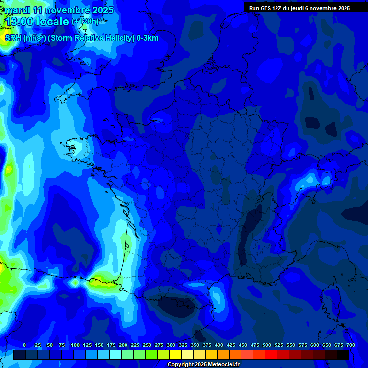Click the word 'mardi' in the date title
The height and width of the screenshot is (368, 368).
tap(17, 10)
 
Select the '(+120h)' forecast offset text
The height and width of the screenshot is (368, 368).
tap(85, 22)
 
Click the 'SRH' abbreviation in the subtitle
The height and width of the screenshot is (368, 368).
tap(13, 38)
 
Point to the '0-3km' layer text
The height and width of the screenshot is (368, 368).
tap(148, 38)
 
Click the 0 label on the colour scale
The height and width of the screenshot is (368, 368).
tap(24, 345)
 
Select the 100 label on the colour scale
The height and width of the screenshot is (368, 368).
tap(75, 345)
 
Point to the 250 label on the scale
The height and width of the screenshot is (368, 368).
tap(147, 345)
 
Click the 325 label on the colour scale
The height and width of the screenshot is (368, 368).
tap(183, 345)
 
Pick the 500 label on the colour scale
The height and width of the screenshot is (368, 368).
tap(267, 345)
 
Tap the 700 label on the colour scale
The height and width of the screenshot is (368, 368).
tap(351, 345)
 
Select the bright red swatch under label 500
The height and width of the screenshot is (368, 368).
tap(271, 355)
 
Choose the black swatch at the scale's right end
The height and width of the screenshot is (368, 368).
tap(343, 355)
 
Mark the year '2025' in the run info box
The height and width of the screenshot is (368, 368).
tap(342, 8)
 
